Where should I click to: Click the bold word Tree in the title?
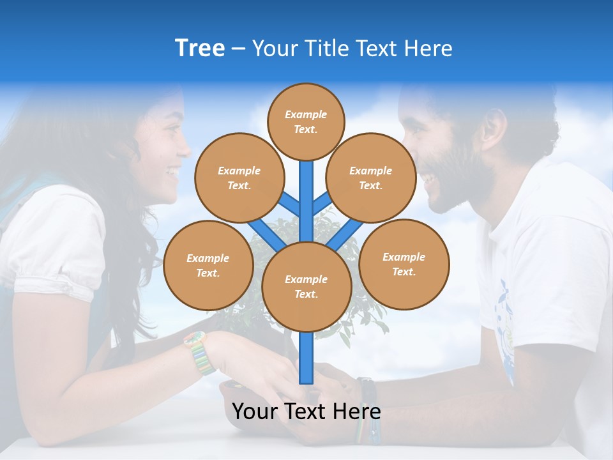(x=200, y=49)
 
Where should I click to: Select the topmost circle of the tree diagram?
(x=306, y=121)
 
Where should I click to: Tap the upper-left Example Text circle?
(x=239, y=178)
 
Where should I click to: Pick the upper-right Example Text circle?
(x=370, y=178)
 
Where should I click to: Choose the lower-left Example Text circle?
(x=208, y=265)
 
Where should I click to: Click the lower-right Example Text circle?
(x=404, y=264)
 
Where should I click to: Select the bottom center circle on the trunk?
(x=306, y=286)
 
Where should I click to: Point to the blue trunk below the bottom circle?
(x=306, y=358)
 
